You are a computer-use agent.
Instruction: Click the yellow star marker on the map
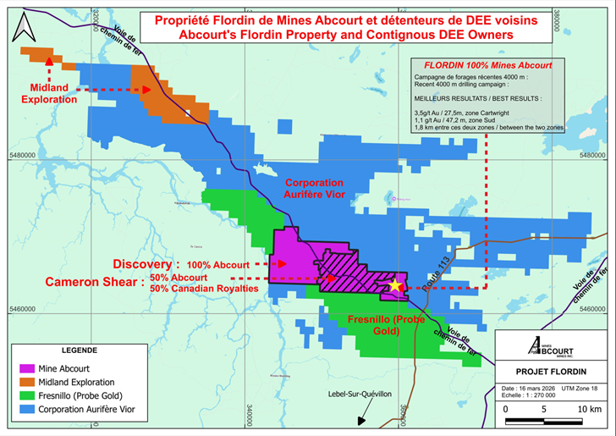(394, 285)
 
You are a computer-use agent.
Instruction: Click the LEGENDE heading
(79, 350)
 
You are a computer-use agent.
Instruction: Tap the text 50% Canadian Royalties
(215, 289)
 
